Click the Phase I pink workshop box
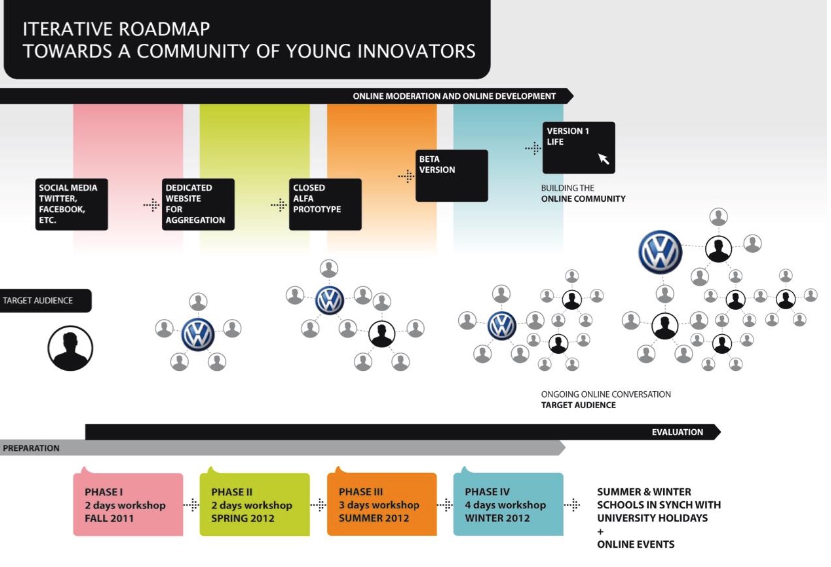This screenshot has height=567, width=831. [x=128, y=505]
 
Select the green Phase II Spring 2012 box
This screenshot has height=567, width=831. [x=254, y=505]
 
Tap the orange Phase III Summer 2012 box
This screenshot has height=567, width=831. [x=382, y=505]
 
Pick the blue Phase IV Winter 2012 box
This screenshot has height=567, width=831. [x=508, y=505]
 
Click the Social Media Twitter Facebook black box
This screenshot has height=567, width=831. [x=71, y=204]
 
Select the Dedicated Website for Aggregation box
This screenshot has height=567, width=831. [x=198, y=204]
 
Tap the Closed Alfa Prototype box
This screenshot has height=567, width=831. [x=325, y=204]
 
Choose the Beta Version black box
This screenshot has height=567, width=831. [x=451, y=175]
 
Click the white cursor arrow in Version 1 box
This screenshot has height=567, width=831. [x=603, y=159]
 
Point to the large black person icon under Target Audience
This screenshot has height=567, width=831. [x=70, y=348]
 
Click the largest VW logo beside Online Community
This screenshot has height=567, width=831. [x=660, y=252]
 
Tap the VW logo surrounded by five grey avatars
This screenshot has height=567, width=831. [x=198, y=334]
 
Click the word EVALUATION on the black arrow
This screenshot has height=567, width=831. [x=677, y=432]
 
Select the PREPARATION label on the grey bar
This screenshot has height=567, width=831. [x=31, y=448]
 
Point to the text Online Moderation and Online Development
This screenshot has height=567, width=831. [x=454, y=96]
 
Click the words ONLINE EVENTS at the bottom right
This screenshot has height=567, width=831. [x=635, y=544]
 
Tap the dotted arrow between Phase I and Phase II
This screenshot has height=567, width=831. [x=191, y=505]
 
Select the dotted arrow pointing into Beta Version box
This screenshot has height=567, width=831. [x=406, y=176]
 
